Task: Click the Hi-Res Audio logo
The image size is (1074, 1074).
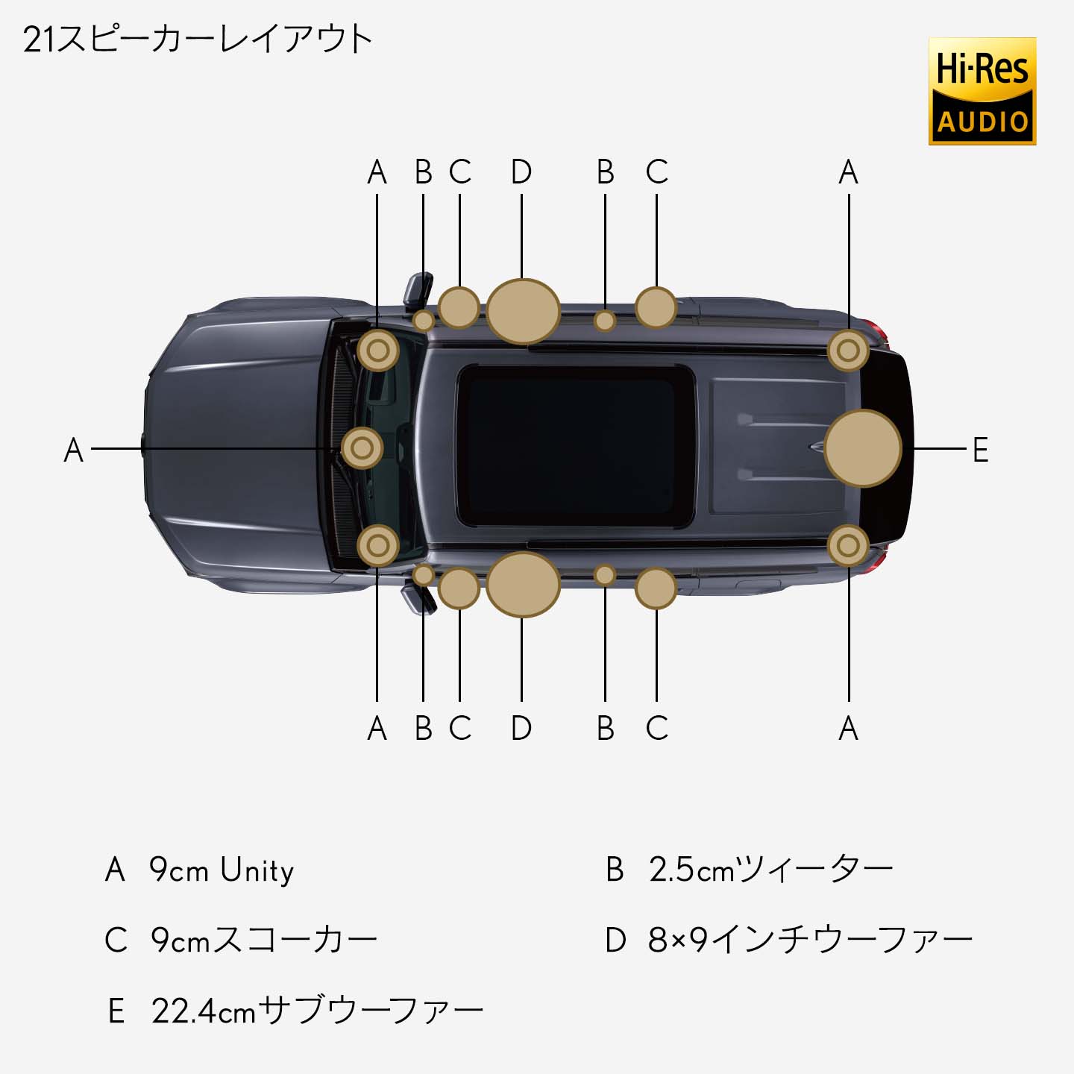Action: coord(982,91)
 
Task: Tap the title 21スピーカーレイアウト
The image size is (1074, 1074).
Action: coord(198,40)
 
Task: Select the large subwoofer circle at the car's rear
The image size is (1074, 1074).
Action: coord(863,448)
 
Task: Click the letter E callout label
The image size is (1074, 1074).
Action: coord(981,450)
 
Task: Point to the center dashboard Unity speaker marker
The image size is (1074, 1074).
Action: coord(362,448)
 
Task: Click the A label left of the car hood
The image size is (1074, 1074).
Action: coord(73,450)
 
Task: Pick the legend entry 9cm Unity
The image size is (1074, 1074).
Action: coord(200,870)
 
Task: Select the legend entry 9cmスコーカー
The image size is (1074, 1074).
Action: coord(241,940)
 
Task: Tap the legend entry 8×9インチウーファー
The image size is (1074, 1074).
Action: coord(788,940)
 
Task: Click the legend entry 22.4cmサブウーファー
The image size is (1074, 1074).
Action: coord(295,1011)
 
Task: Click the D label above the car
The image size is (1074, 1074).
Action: coord(521,172)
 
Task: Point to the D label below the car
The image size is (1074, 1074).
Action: coord(521,728)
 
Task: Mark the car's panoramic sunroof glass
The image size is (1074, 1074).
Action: coord(575,445)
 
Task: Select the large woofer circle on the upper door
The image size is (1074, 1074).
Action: coord(523,312)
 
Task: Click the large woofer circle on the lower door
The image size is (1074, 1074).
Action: coord(523,585)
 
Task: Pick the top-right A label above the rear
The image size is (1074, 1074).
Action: coord(849,172)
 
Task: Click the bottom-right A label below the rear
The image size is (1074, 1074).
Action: coord(849,728)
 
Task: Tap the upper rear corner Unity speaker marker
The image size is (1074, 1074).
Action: coord(848,351)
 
